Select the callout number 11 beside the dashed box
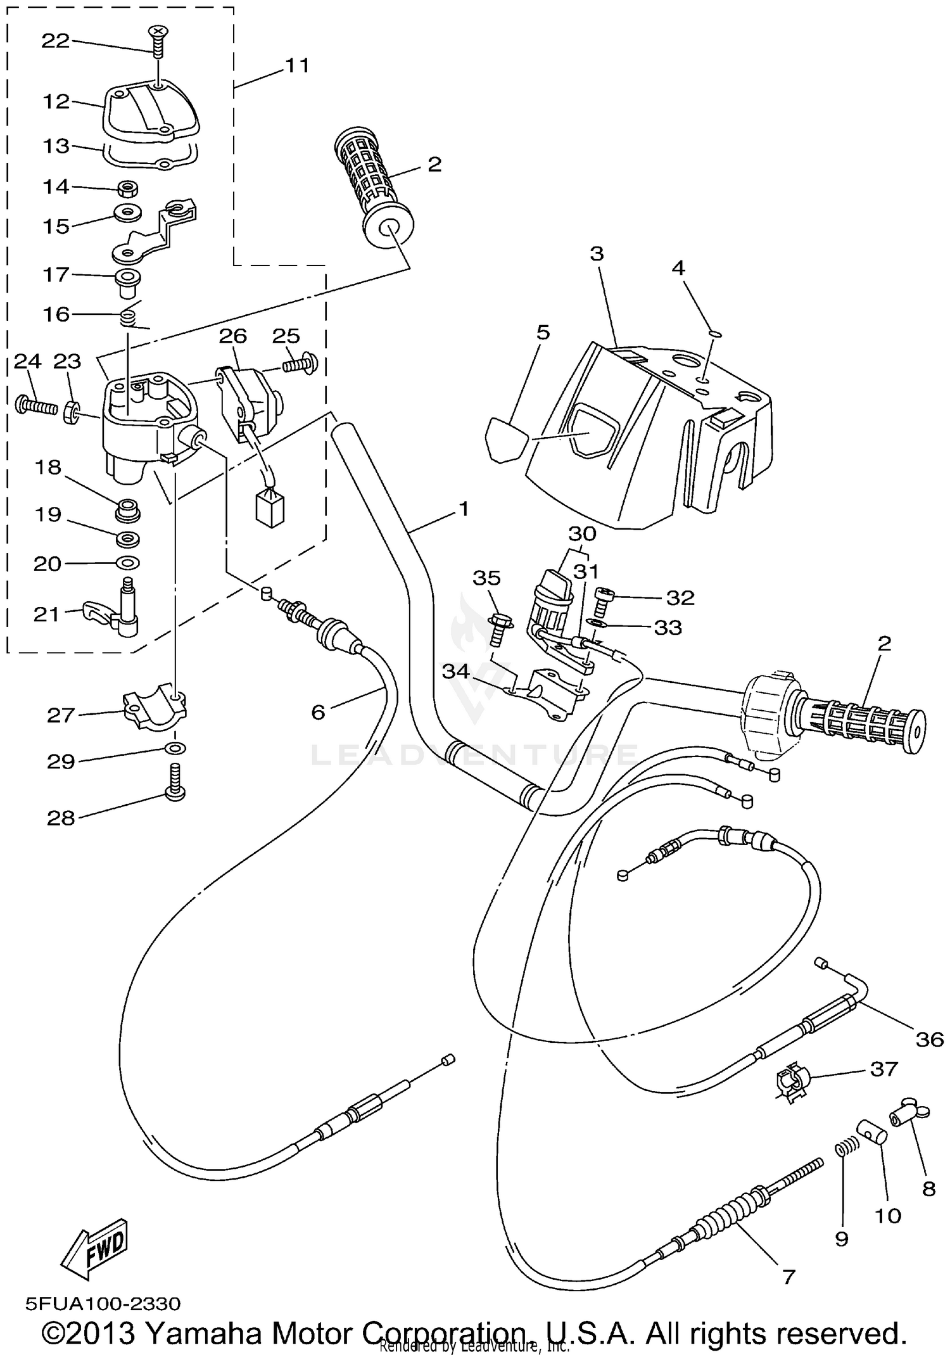pos(296,65)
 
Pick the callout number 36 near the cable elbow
pos(929,1039)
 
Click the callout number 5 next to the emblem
pos(543,333)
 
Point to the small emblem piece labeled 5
pos(505,439)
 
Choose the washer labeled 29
pos(175,749)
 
